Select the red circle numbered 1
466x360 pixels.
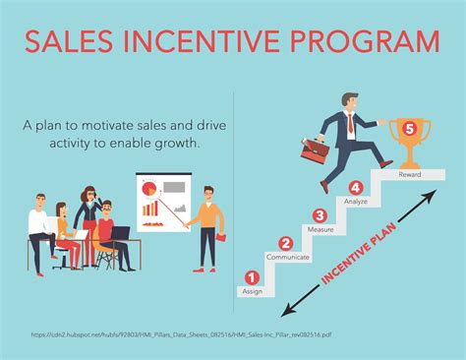click(252, 278)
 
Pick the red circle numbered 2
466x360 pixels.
click(285, 244)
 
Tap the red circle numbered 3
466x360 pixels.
click(319, 215)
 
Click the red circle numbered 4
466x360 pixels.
click(356, 187)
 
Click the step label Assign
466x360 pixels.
click(252, 292)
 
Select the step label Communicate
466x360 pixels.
click(288, 258)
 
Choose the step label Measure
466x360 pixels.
click(323, 229)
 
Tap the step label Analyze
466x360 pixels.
click(356, 201)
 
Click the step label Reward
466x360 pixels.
click(410, 174)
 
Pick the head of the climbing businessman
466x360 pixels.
click(352, 102)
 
